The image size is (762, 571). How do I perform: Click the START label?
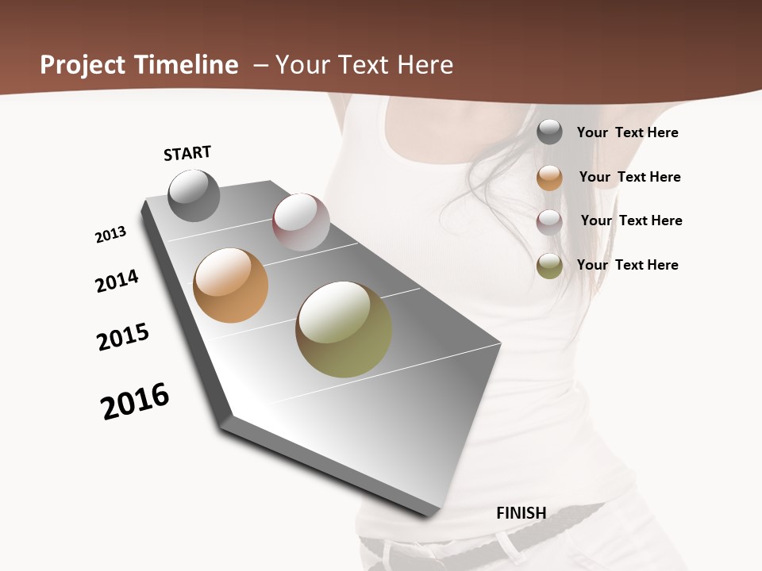click(x=187, y=153)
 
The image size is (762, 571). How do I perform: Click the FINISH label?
click(x=521, y=513)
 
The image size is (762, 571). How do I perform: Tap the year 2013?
click(x=110, y=235)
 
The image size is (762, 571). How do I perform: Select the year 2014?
click(x=117, y=281)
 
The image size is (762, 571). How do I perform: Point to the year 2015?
click(x=123, y=337)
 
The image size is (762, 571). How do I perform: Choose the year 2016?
click(x=135, y=400)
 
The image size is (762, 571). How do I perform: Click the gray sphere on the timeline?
click(x=194, y=195)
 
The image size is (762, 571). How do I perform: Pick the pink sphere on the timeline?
click(x=301, y=222)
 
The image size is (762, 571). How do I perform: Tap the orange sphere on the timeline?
click(x=230, y=285)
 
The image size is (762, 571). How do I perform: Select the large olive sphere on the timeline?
click(x=344, y=329)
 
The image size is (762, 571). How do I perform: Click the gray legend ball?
click(x=549, y=132)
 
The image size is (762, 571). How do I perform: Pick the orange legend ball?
click(x=549, y=178)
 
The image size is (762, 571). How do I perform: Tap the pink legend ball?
click(x=549, y=222)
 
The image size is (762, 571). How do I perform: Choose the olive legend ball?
click(x=549, y=266)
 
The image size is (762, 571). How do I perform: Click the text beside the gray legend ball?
click(x=627, y=132)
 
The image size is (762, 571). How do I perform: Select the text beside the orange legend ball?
click(x=629, y=177)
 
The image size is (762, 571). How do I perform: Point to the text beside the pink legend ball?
click(x=631, y=220)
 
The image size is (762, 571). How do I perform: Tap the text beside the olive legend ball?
click(x=627, y=265)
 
